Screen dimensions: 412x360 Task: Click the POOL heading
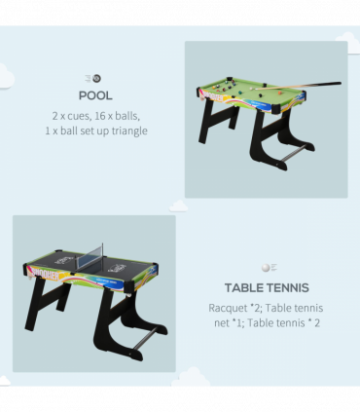coord(96,95)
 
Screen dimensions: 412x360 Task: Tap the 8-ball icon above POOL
coord(96,78)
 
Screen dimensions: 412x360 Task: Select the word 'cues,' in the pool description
coord(84,115)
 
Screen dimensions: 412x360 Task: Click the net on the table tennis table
coord(93,261)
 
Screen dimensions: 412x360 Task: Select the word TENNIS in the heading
coord(286,287)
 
